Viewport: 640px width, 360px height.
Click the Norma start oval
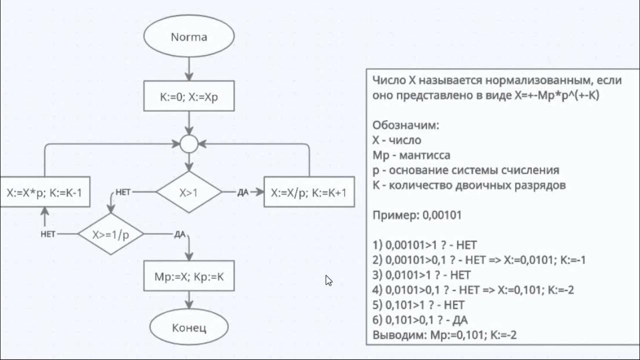[189, 37]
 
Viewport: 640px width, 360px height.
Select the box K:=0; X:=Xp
[189, 95]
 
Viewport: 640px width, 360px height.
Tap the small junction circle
[189, 144]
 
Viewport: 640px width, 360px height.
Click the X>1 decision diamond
[189, 192]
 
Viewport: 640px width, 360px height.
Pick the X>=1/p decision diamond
[110, 234]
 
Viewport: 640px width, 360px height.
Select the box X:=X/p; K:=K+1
[309, 192]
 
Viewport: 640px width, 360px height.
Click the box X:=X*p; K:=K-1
[44, 192]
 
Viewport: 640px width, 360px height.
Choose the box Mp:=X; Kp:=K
[189, 275]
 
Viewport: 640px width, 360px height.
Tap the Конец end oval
[189, 327]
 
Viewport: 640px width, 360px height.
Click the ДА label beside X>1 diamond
[242, 192]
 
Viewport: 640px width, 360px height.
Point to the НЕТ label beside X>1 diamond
[123, 192]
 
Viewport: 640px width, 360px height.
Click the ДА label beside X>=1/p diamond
[180, 234]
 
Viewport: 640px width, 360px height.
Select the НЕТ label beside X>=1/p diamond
[48, 234]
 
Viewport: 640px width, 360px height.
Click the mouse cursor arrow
[328, 280]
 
